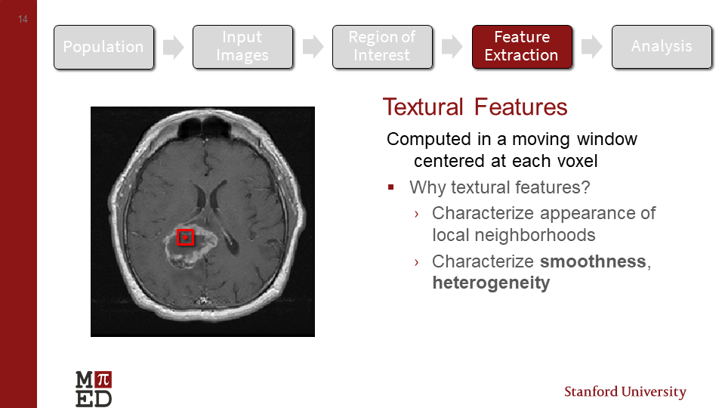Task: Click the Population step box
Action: pyautogui.click(x=103, y=47)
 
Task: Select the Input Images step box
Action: pyautogui.click(x=242, y=47)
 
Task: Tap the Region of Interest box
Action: pyautogui.click(x=382, y=47)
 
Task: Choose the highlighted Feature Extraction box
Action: pyautogui.click(x=522, y=47)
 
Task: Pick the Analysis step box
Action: pyautogui.click(x=662, y=47)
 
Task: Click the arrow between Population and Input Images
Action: pyautogui.click(x=174, y=47)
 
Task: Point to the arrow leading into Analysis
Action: pyautogui.click(x=591, y=47)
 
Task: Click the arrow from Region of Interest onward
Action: pyautogui.click(x=452, y=47)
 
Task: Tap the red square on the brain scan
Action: pyautogui.click(x=185, y=237)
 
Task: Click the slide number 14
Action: pyautogui.click(x=23, y=20)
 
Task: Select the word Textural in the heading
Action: pyautogui.click(x=424, y=107)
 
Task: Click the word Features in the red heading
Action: pyautogui.click(x=521, y=107)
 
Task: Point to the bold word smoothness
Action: pyautogui.click(x=593, y=262)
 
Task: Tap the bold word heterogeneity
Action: pyautogui.click(x=491, y=284)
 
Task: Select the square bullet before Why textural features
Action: pyautogui.click(x=391, y=187)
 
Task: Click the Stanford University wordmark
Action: pyautogui.click(x=625, y=392)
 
